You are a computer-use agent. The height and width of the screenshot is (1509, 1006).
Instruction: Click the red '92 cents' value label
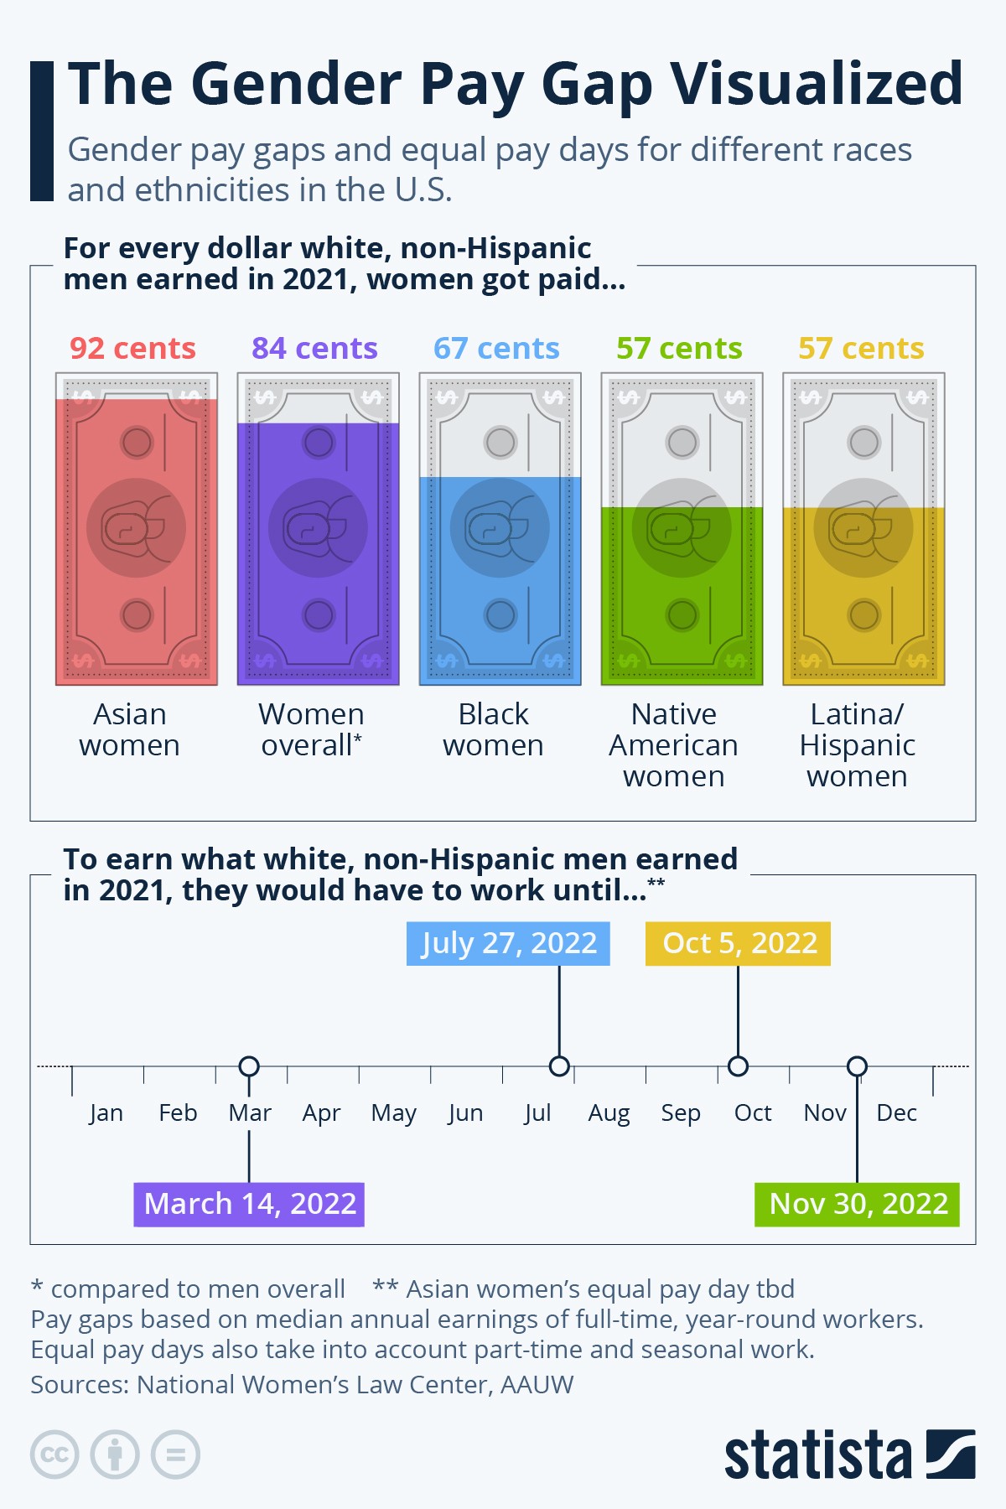(x=132, y=348)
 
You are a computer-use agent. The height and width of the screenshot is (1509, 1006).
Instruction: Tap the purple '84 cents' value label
(x=314, y=348)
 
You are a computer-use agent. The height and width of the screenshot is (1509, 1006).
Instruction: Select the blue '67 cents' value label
(x=496, y=348)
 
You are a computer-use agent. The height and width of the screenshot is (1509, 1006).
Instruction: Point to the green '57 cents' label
(x=679, y=348)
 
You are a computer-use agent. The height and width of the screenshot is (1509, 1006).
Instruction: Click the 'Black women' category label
(x=494, y=729)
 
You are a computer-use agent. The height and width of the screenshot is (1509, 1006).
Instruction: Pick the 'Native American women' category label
(x=674, y=744)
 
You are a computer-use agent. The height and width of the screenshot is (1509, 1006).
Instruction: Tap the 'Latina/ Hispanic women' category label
(x=857, y=744)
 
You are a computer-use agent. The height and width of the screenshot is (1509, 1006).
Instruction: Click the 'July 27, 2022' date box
(x=508, y=943)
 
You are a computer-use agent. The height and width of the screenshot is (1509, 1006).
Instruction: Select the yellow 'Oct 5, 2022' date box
(x=739, y=943)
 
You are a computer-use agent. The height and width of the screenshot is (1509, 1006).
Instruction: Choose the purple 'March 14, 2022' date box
(x=249, y=1204)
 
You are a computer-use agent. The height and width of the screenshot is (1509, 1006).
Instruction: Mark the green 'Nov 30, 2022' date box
(x=857, y=1204)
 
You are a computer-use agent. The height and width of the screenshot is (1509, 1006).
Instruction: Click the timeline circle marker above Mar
(x=249, y=1066)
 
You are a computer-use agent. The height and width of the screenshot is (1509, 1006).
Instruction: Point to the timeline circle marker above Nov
(x=857, y=1066)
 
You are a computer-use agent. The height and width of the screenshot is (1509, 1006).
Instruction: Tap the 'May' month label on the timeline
(x=393, y=1113)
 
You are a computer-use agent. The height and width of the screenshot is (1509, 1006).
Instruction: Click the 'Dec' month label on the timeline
(x=896, y=1113)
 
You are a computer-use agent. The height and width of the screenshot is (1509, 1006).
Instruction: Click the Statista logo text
(x=817, y=1456)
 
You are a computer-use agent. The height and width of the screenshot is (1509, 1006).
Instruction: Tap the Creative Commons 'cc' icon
(x=54, y=1455)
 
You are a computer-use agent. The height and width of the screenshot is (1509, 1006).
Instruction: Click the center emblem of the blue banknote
(x=500, y=528)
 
